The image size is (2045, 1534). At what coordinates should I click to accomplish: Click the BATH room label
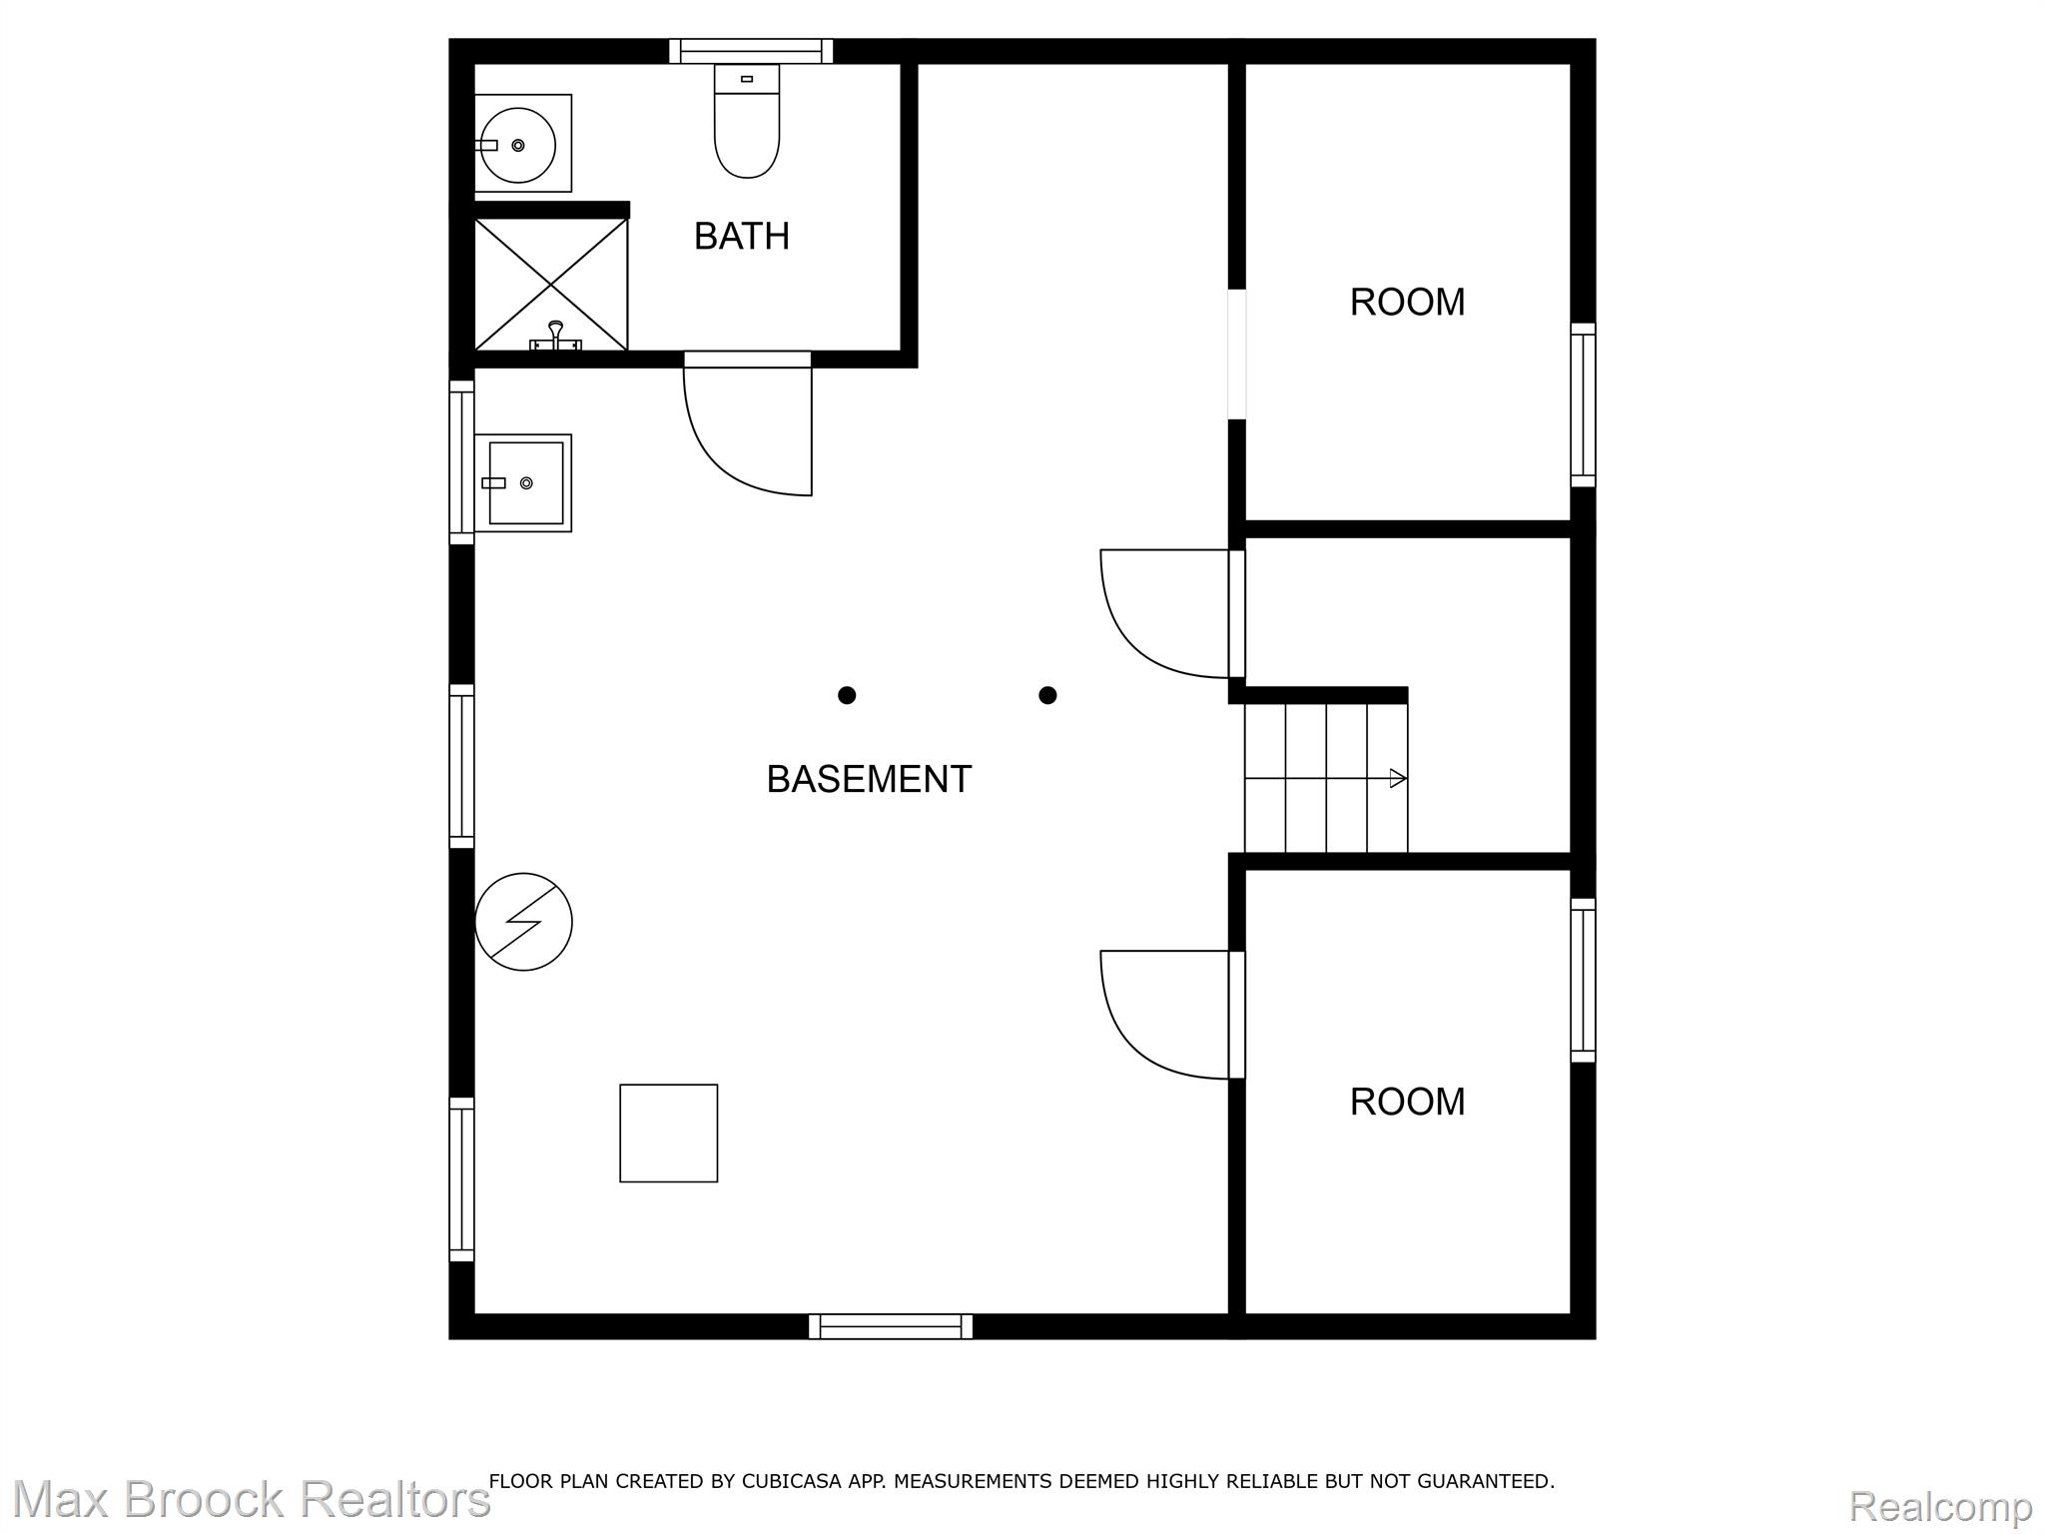(x=742, y=237)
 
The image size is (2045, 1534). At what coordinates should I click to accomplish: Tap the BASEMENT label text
(x=869, y=779)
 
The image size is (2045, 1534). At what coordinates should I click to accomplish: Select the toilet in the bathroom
(x=747, y=121)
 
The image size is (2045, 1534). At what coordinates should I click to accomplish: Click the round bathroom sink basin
(x=518, y=145)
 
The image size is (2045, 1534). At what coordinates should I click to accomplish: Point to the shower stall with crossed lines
(x=551, y=285)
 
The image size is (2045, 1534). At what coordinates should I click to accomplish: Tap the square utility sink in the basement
(x=523, y=483)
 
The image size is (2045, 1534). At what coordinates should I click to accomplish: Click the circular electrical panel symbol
(x=523, y=922)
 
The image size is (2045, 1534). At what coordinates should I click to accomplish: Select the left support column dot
(x=847, y=695)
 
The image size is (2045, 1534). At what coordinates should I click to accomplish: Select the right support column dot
(x=1047, y=695)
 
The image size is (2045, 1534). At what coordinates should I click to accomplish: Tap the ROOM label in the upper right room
(x=1407, y=303)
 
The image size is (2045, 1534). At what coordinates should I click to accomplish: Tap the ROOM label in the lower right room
(x=1407, y=1102)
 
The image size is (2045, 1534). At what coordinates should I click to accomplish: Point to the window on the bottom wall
(x=891, y=1326)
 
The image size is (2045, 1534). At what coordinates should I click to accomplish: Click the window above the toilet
(x=751, y=51)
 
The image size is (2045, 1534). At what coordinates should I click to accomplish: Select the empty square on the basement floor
(x=669, y=1134)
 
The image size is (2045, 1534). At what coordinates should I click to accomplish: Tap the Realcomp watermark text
(x=1940, y=1505)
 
